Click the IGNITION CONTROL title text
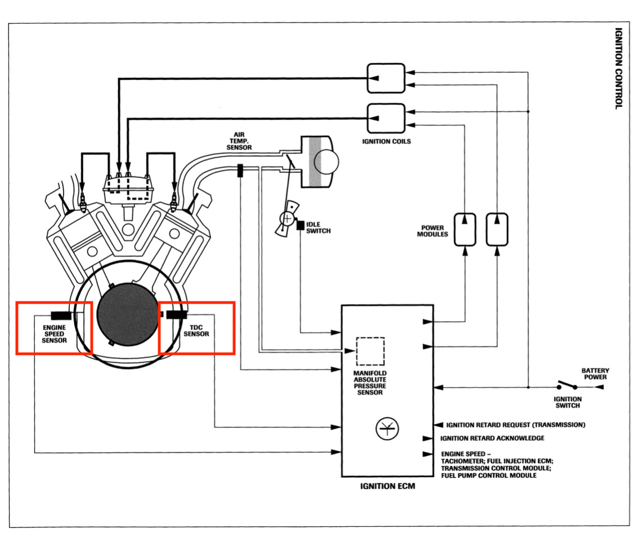[619, 68]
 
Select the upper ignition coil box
[386, 78]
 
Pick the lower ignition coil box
[386, 118]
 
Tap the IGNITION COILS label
[386, 141]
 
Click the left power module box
[465, 230]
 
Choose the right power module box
[497, 230]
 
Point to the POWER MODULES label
[433, 231]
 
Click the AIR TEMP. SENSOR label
[239, 141]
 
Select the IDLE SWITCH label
[319, 228]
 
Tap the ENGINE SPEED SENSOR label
[54, 334]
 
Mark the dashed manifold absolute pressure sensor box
[370, 352]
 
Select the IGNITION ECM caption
[388, 486]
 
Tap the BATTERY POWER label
[595, 374]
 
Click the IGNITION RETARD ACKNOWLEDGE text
[492, 438]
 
